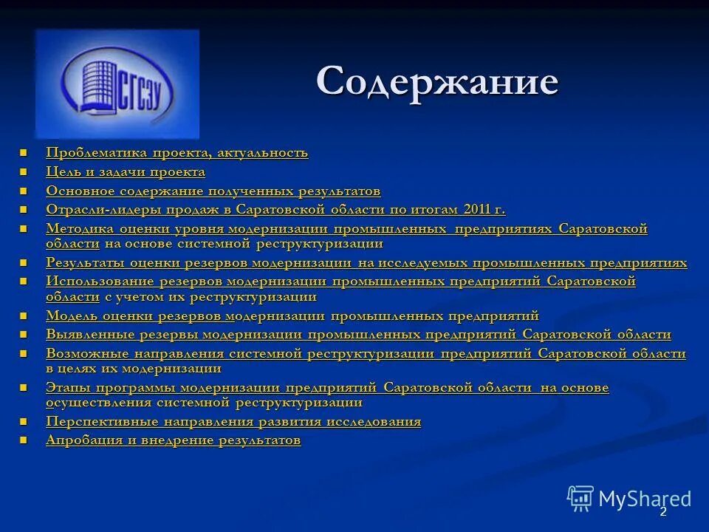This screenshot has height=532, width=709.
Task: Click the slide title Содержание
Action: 436,81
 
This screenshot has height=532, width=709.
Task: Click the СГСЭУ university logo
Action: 117,83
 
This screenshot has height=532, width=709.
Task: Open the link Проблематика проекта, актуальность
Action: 177,153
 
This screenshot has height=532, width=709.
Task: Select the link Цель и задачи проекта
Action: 126,172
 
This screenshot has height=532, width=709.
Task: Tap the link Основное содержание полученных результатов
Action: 213,191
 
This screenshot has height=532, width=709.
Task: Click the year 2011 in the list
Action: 477,210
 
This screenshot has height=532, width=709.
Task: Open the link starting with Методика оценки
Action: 346,229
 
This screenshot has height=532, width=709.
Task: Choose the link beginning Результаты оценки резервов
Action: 366,263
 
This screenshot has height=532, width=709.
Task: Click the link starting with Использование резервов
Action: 340,282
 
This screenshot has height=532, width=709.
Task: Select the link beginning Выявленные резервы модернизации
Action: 358,335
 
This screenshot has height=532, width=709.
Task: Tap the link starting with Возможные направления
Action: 366,354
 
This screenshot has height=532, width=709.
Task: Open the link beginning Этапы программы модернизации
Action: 327,388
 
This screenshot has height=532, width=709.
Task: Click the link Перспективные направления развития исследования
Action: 233,422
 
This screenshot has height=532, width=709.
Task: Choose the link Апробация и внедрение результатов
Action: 174,440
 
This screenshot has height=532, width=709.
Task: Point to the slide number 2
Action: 663,512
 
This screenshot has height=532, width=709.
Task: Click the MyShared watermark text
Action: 645,499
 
